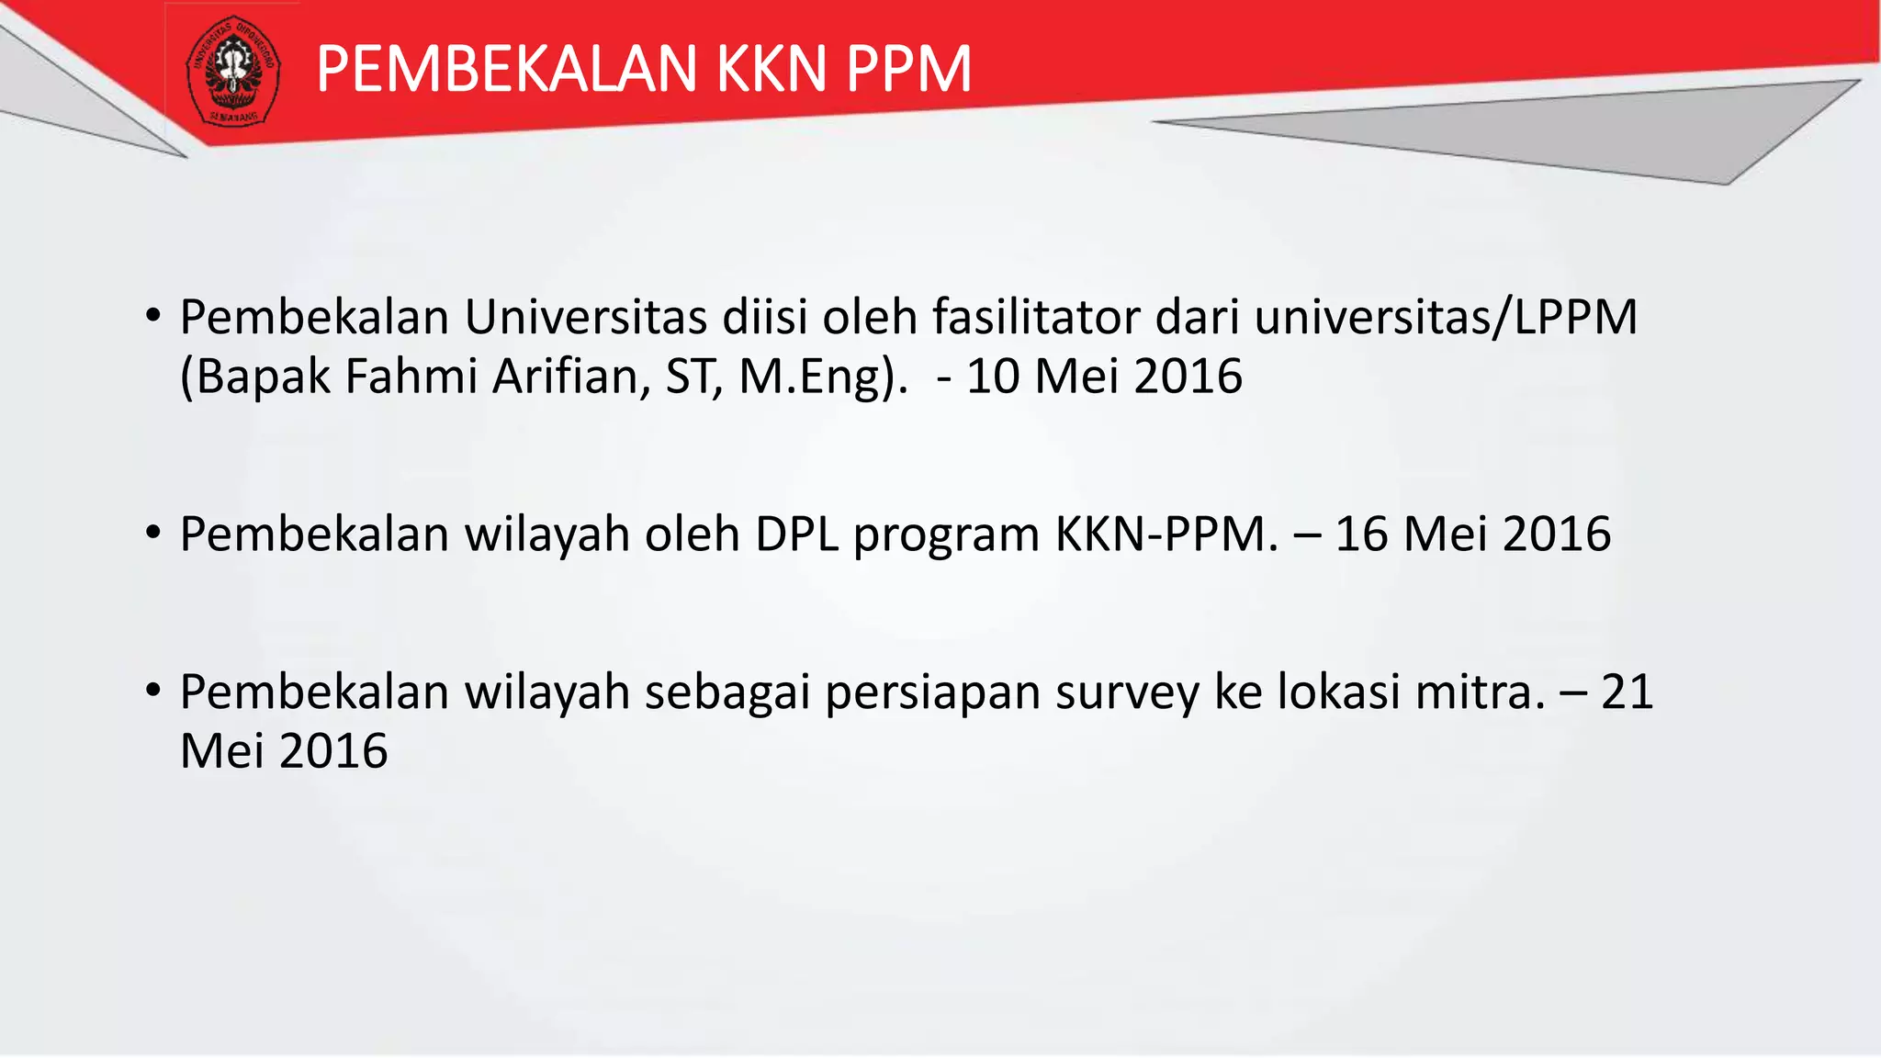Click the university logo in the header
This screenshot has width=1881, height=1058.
tap(233, 71)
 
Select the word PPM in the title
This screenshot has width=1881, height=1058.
tap(908, 70)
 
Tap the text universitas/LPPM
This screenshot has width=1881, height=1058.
tap(1446, 318)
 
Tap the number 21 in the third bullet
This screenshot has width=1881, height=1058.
tap(1627, 692)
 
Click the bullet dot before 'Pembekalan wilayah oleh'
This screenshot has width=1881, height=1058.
tap(153, 533)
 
